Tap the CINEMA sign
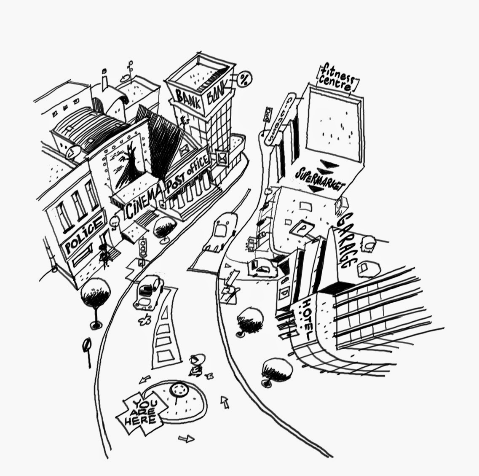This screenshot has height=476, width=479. pos(142,202)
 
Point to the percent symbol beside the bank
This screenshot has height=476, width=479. pos(244,78)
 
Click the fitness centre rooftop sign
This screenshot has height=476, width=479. pos(337,78)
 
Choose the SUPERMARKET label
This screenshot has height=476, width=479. pos(320,179)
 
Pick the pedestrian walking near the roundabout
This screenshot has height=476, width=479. pos(196,365)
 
